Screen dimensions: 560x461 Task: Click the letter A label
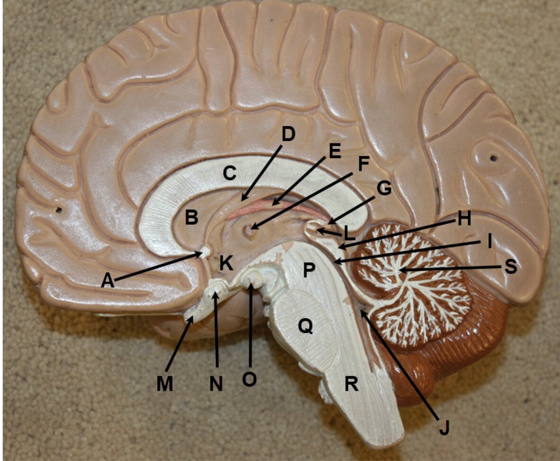[x=108, y=281]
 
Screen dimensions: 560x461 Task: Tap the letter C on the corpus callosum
[x=229, y=173]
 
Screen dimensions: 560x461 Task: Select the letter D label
[x=288, y=134]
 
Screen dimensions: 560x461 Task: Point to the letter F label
[x=363, y=164]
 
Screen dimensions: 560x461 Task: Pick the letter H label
[x=464, y=218]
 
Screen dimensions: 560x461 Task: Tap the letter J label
[x=444, y=427]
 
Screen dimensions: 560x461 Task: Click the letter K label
[x=226, y=264]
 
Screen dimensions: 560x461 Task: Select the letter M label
[x=165, y=384]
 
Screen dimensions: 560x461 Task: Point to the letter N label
[x=216, y=384]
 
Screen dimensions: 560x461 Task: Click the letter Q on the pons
[x=306, y=326]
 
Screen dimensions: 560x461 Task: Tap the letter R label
[x=351, y=384]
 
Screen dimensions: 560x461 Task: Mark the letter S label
[x=511, y=266]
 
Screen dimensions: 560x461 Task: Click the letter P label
[x=309, y=270]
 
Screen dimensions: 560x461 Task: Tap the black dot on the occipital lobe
[x=494, y=158]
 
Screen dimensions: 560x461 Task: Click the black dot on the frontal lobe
[x=59, y=210]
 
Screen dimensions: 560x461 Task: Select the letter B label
[x=192, y=217]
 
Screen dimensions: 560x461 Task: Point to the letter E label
[x=334, y=151]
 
